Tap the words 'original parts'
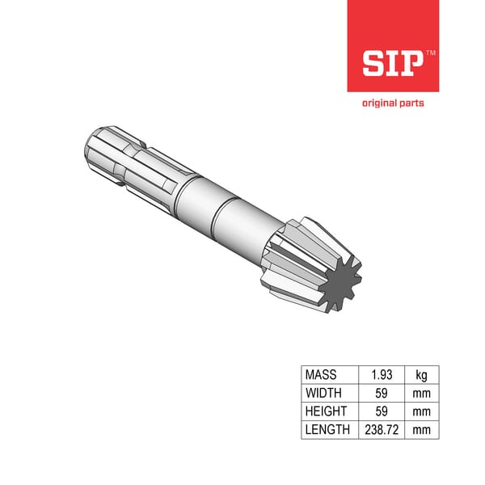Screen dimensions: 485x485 392,103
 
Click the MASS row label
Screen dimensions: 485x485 321,375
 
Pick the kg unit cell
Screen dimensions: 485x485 421,375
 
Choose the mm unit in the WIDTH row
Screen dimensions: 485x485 421,394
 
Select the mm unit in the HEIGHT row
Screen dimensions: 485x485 421,411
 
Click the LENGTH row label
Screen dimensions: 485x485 327,430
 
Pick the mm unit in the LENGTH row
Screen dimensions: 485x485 421,430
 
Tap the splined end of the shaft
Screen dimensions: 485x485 121,158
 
